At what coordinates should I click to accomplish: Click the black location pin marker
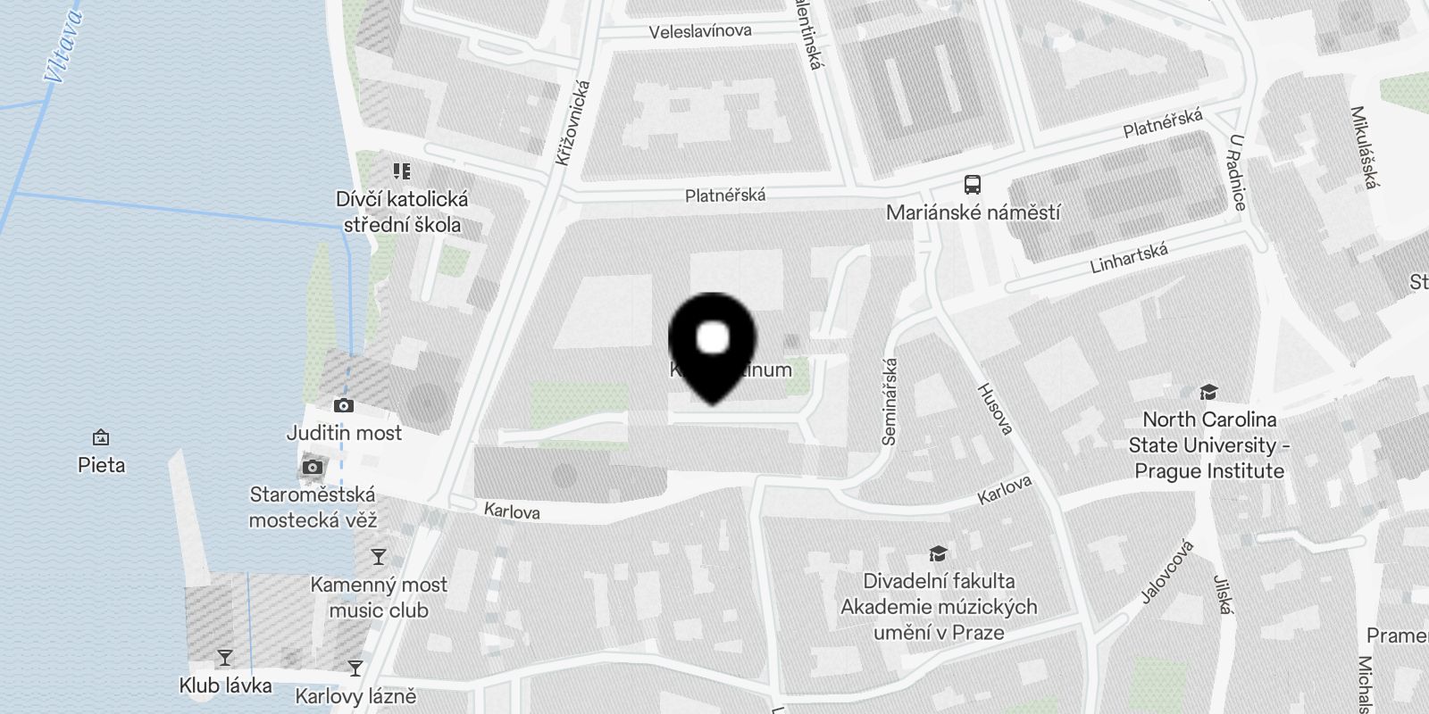[712, 345]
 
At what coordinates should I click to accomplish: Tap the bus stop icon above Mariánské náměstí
[973, 186]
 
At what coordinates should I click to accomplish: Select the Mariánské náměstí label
[973, 212]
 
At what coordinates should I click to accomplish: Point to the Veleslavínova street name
[700, 32]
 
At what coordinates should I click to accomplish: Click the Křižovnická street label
[572, 123]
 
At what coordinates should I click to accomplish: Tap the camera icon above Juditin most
[343, 406]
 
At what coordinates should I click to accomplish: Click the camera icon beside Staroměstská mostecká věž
[312, 467]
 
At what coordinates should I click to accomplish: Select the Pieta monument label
[102, 465]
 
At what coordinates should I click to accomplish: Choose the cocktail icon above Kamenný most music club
[379, 558]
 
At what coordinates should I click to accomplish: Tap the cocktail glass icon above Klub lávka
[224, 659]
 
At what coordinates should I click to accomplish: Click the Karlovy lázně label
[355, 696]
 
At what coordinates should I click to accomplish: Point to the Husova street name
[995, 409]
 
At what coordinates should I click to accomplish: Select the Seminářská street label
[890, 401]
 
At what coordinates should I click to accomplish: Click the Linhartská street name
[1129, 258]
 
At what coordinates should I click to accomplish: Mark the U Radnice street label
[1238, 172]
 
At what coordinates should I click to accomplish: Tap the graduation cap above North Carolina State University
[1208, 393]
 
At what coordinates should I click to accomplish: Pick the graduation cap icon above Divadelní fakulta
[938, 554]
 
